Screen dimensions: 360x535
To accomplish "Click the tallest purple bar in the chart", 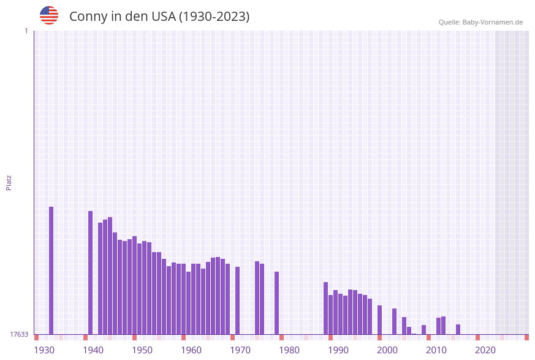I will tap(51, 270).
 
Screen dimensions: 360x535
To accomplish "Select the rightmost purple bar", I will tap(458, 329).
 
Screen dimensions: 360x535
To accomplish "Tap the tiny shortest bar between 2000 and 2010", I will tap(414, 334).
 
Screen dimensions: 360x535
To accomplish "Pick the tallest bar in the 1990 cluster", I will tap(350, 312).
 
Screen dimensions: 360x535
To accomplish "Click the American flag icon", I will tap(49, 15).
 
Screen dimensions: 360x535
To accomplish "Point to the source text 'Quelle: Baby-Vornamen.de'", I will tap(480, 22).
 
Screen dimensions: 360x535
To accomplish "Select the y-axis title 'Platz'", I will tap(9, 182).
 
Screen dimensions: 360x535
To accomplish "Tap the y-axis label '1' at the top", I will tap(26, 31).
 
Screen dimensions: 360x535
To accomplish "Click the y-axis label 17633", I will tap(19, 334).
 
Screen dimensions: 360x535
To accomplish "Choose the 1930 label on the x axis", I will tap(44, 350).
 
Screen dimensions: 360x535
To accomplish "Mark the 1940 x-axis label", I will tap(93, 350).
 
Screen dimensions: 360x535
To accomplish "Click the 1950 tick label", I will tap(142, 350).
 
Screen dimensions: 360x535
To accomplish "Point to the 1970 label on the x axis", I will tap(240, 350).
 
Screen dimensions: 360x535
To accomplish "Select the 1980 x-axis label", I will tap(289, 350).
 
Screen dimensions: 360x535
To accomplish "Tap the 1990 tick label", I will tap(338, 350).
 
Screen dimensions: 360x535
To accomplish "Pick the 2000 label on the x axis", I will tap(387, 350).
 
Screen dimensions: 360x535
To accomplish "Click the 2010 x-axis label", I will tap(436, 350).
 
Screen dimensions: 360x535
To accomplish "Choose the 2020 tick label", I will tap(485, 350).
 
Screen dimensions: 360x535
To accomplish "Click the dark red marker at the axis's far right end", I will tap(526, 337).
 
